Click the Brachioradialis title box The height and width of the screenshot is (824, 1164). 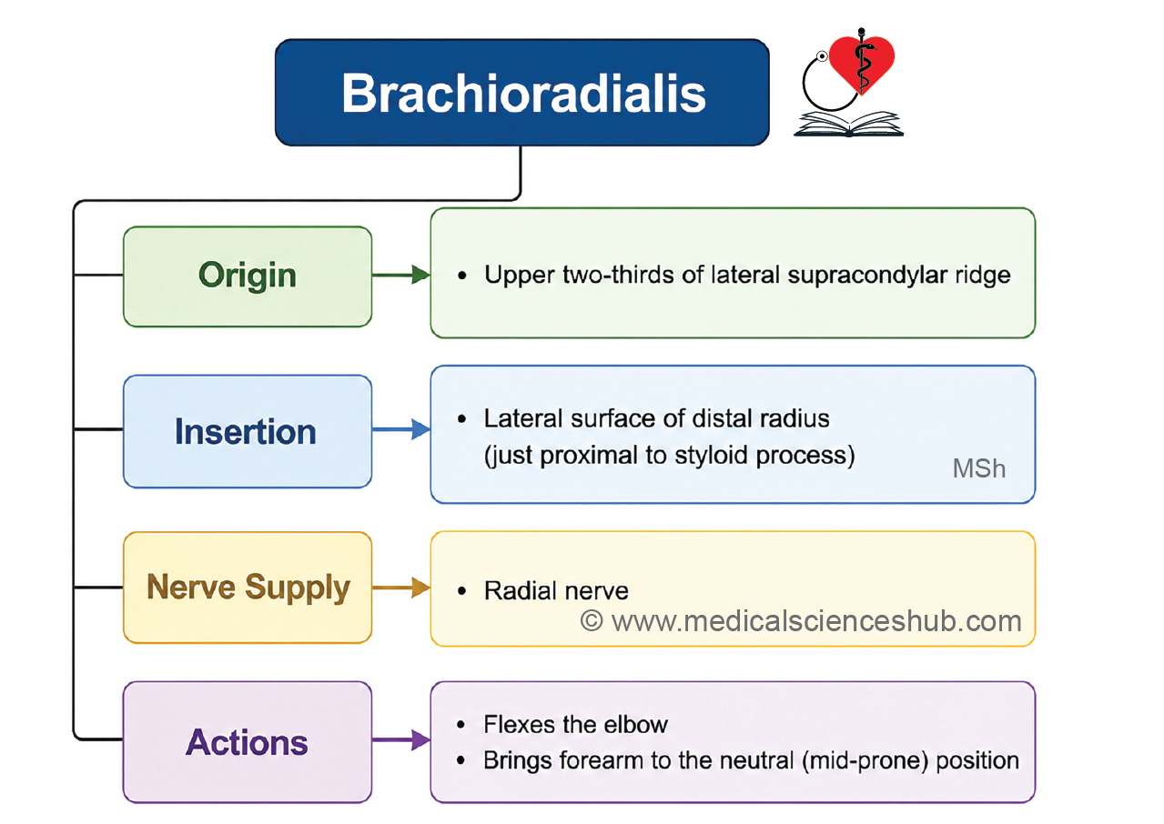(x=522, y=93)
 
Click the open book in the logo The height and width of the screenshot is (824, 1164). (x=848, y=124)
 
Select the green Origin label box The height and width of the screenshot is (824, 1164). (x=248, y=276)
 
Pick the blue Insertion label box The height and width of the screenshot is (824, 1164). (x=248, y=431)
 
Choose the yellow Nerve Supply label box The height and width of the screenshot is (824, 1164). (x=248, y=588)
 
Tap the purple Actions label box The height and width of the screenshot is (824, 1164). (x=248, y=742)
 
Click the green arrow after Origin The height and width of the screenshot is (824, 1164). (x=401, y=275)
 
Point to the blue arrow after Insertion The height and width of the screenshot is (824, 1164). (x=401, y=429)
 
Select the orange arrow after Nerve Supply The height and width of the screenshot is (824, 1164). (x=401, y=588)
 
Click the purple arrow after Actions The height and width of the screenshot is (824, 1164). (x=401, y=740)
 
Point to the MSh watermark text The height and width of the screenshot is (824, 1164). (x=979, y=468)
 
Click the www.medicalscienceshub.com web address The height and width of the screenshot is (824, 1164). (x=816, y=621)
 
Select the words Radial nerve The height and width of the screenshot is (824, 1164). (x=556, y=591)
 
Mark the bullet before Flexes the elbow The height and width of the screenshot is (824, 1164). (x=461, y=725)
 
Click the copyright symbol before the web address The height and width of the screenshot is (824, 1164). (x=592, y=621)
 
